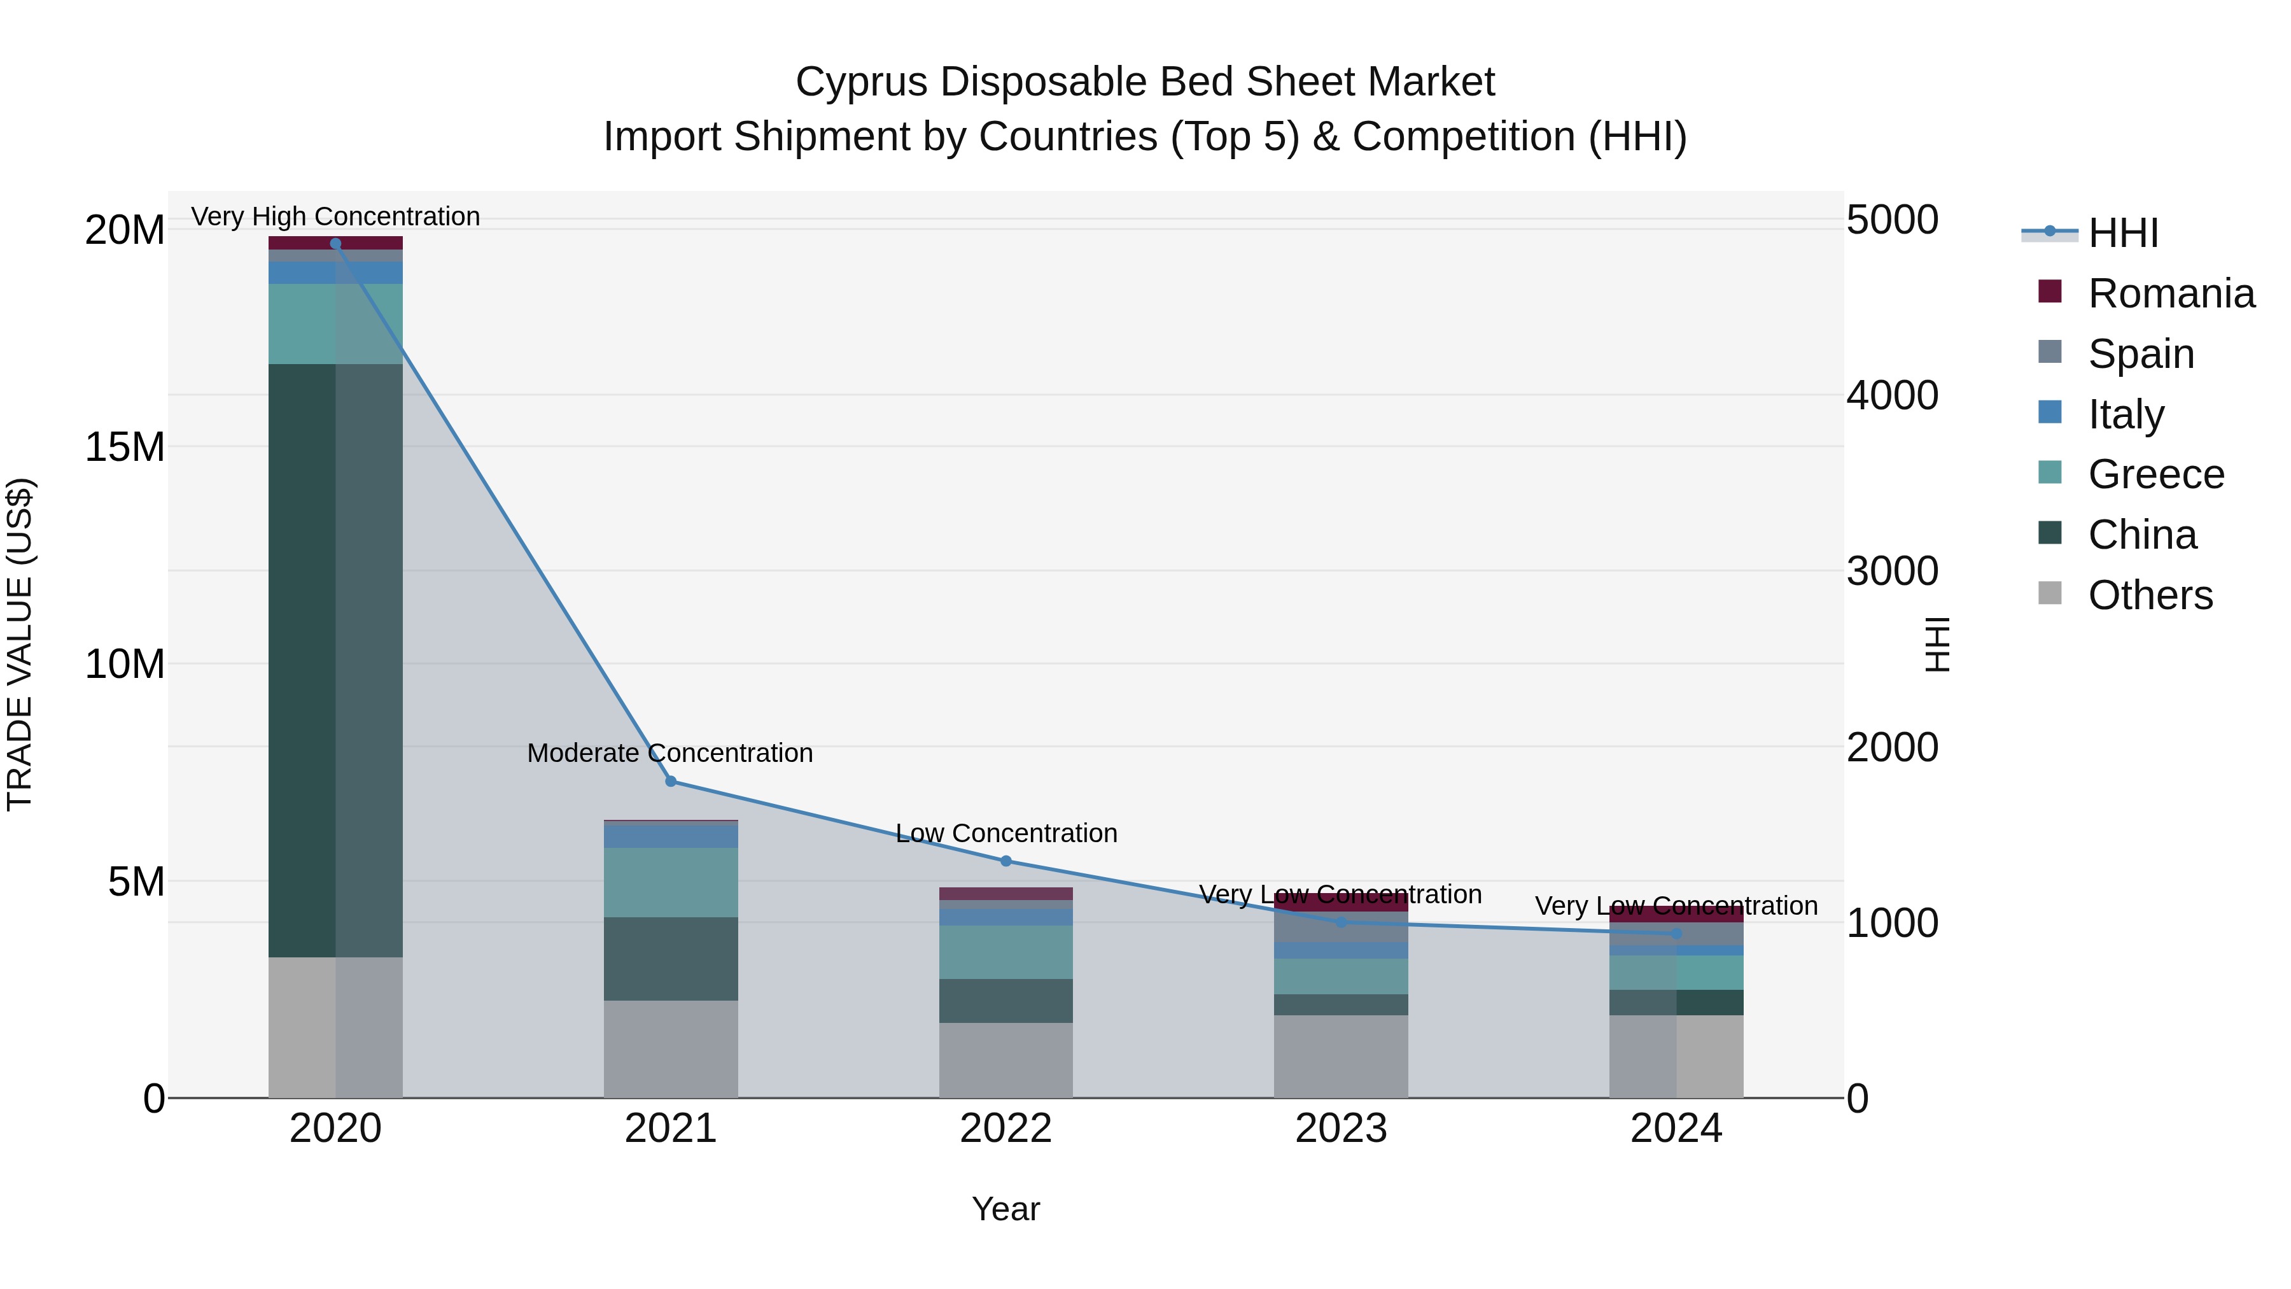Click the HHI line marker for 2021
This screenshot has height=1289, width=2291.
click(671, 781)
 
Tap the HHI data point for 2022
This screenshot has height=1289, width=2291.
click(1006, 860)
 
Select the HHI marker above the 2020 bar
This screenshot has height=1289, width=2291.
click(335, 243)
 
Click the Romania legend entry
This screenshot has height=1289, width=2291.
click(2171, 293)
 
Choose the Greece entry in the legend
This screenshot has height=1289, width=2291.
click(2156, 474)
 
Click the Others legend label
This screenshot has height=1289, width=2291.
click(2150, 595)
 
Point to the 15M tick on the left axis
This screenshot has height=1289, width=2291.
click(125, 447)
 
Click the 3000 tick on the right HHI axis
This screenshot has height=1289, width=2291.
click(1892, 571)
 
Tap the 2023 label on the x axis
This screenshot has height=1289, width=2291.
click(1340, 1129)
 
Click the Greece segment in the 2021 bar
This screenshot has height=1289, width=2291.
click(671, 882)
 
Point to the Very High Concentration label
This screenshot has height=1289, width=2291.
click(335, 216)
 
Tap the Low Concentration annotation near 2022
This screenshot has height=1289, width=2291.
click(1006, 833)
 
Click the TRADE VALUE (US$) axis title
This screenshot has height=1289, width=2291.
click(20, 644)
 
